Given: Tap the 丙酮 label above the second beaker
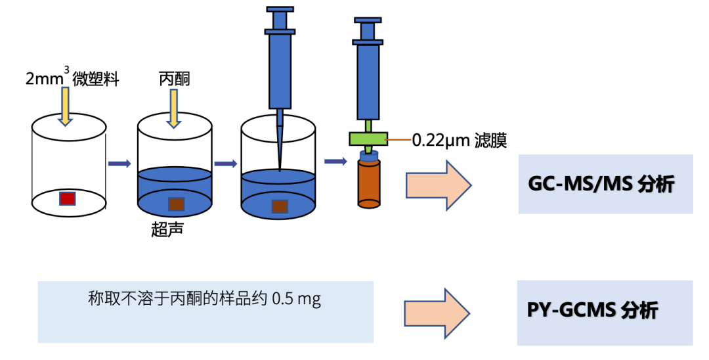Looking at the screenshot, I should tap(174, 79).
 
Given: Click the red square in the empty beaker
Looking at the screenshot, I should tap(68, 198).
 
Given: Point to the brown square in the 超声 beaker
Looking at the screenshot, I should tap(176, 204).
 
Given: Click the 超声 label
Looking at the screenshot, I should tap(167, 230).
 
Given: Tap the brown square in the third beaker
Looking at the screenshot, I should tap(280, 206).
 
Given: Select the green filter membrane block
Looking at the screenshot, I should tap(368, 139).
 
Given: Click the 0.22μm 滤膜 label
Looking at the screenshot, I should tap(459, 140).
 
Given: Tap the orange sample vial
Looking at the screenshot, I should tap(368, 184).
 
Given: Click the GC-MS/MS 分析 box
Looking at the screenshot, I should tap(605, 184).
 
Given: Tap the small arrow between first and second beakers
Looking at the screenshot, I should tap(119, 164).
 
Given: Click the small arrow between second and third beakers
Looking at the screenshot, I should tap(225, 164).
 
